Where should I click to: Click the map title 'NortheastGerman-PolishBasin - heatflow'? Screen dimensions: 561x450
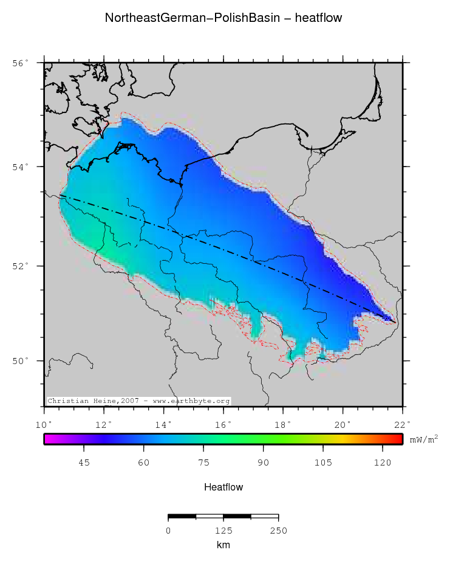(223, 18)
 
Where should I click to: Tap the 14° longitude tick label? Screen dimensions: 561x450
(165, 424)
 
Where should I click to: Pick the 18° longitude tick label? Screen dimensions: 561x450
(284, 424)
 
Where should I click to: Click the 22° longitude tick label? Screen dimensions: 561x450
(403, 424)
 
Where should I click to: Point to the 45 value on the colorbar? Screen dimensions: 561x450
(84, 463)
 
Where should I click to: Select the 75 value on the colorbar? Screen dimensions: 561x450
(203, 463)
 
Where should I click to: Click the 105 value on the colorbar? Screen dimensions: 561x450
(322, 463)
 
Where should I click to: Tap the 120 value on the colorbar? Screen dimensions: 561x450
(382, 463)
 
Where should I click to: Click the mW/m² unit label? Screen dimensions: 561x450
(424, 438)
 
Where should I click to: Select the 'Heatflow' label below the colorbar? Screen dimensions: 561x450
(223, 487)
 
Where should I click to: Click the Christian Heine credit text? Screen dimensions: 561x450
(138, 401)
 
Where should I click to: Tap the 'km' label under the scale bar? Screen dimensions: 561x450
(223, 545)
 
